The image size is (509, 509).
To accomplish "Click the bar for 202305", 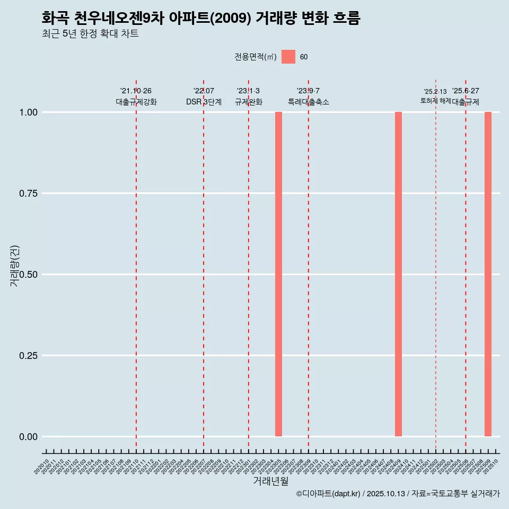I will (x=278, y=274).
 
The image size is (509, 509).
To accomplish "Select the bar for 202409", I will (x=398, y=274).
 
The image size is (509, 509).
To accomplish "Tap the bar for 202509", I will (x=488, y=274).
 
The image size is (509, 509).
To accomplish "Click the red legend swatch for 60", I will (x=288, y=57).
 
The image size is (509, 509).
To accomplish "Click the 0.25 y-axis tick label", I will (x=25, y=356).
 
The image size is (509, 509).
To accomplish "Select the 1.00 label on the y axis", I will (x=25, y=112).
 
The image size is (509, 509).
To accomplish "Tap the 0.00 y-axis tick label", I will (x=25, y=437).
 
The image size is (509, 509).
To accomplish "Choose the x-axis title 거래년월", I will (x=271, y=481).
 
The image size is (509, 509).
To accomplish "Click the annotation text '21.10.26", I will (x=136, y=91).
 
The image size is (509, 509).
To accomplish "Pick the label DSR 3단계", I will (x=204, y=102).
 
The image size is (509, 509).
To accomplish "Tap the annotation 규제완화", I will (x=248, y=102).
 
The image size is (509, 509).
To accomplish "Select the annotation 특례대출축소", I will (x=308, y=102).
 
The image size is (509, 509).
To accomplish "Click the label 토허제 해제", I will (x=435, y=100).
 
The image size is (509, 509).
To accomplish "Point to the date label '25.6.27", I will (x=466, y=91).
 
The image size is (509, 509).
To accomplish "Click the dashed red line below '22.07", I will (x=204, y=265).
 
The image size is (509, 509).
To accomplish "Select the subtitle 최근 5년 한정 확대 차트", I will (x=90, y=34).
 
